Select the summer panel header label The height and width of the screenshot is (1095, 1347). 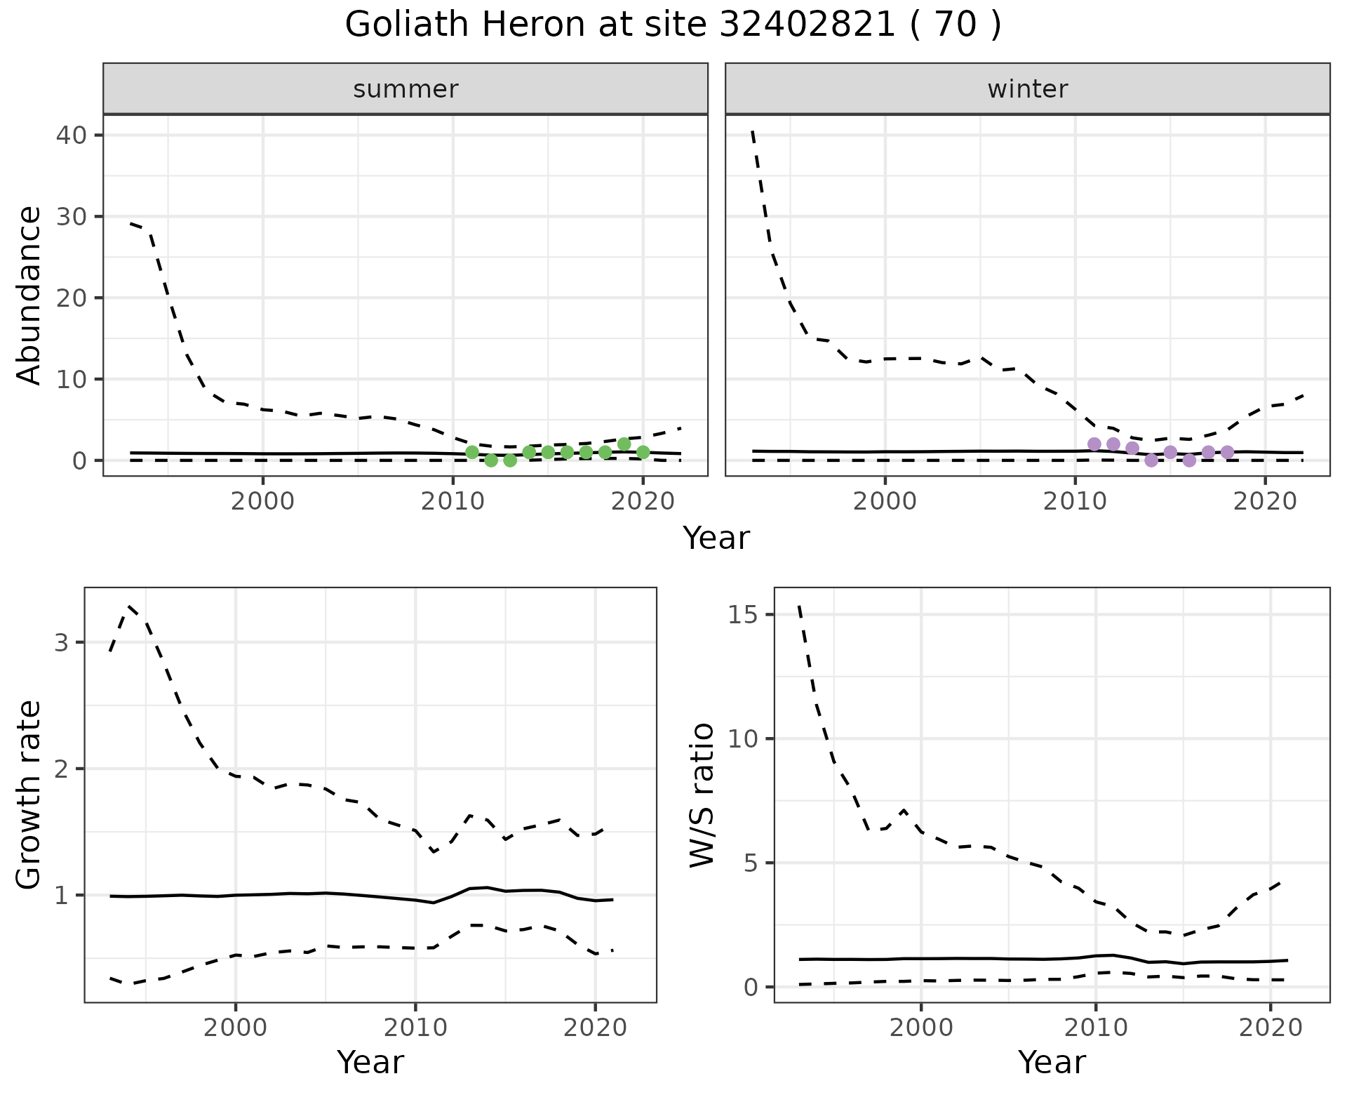[406, 89]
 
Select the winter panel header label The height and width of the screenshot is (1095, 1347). [1027, 89]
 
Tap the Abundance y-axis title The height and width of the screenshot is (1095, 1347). [29, 296]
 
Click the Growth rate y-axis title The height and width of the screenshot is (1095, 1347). [29, 795]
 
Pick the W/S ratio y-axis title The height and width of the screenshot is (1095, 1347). [702, 795]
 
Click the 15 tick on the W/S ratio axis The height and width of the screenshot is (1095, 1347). [743, 615]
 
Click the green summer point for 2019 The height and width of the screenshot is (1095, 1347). [624, 444]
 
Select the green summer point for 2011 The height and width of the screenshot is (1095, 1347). [472, 452]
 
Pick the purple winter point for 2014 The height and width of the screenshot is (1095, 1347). [1151, 460]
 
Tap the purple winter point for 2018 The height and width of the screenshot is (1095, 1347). [1227, 452]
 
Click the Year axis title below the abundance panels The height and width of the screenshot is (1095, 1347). [716, 538]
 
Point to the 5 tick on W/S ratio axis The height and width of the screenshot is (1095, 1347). [751, 863]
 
